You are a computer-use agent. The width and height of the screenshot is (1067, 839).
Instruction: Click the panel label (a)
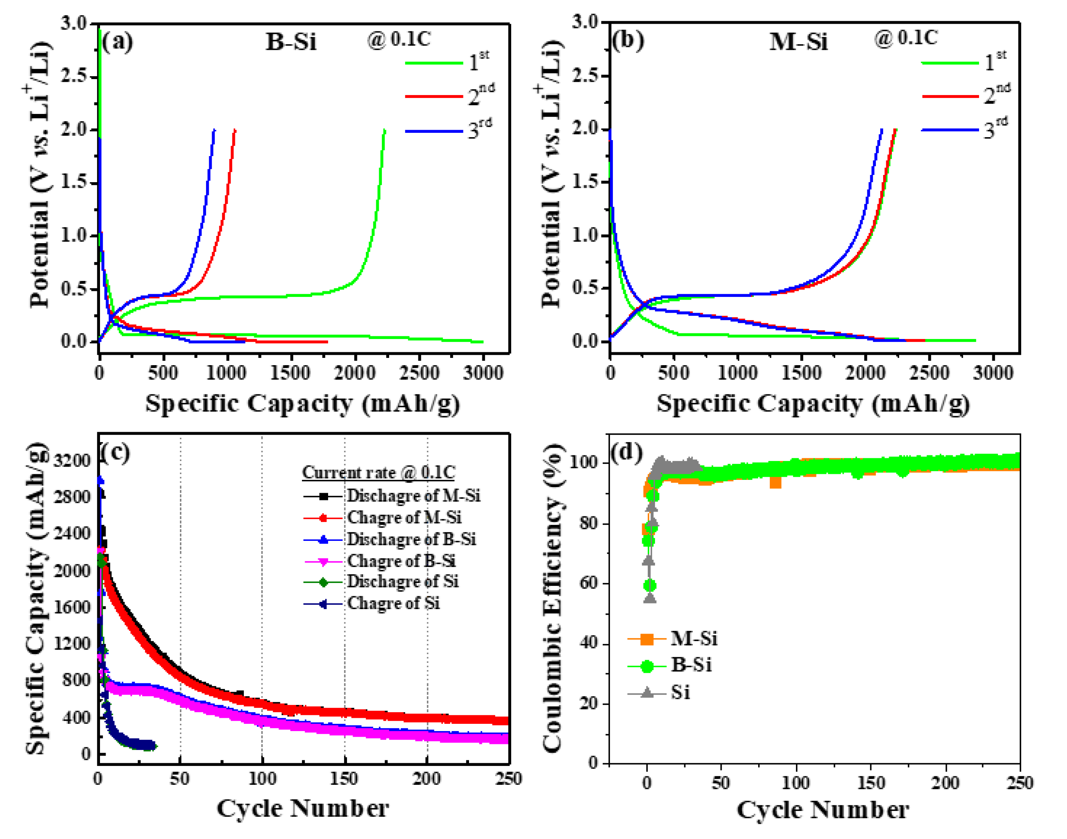pos(117,42)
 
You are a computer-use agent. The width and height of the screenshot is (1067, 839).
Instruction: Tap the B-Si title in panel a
pos(291,42)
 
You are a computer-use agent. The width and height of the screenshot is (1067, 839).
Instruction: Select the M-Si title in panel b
pos(798,42)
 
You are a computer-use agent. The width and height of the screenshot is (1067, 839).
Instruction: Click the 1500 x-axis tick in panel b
pos(801,373)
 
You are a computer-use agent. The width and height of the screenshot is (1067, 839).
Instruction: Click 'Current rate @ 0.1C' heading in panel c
pos(378,473)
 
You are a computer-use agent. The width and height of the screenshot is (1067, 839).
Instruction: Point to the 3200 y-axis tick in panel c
pos(72,461)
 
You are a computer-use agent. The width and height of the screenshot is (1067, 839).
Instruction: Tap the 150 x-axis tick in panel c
pos(344,778)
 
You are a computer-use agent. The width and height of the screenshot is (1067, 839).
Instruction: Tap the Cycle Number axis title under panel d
pos(822,811)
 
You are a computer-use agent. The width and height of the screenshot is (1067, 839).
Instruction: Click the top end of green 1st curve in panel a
pos(384,130)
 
